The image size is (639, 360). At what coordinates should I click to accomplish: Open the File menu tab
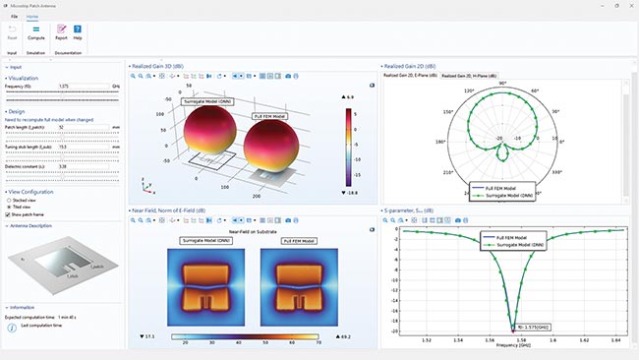14,18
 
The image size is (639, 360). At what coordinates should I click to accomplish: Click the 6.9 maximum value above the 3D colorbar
350,98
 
